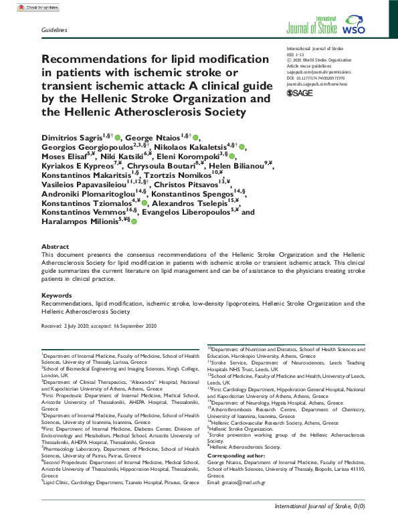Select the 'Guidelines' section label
click(x=54, y=31)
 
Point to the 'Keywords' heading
click(x=57, y=295)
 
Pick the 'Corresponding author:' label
click(x=235, y=455)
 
